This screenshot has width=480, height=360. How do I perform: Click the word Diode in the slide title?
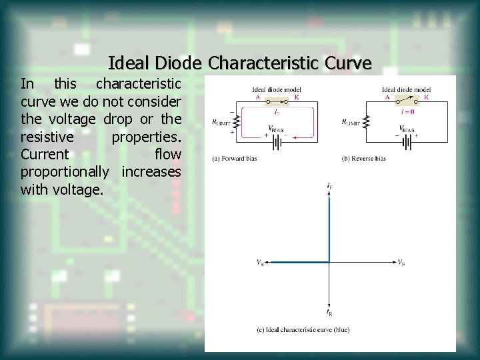179,63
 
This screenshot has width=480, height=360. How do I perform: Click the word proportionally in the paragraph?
65,172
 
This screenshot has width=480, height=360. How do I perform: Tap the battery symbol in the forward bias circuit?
274,135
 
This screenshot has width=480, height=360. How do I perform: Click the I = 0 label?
407,111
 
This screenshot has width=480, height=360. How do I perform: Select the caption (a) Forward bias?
234,159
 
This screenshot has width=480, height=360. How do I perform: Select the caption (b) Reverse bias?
363,159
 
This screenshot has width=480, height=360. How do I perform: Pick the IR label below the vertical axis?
329,312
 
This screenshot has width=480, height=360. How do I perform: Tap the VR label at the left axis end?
260,263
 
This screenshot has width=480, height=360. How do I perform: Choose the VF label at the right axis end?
401,263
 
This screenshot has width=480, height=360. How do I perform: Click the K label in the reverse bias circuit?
426,97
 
